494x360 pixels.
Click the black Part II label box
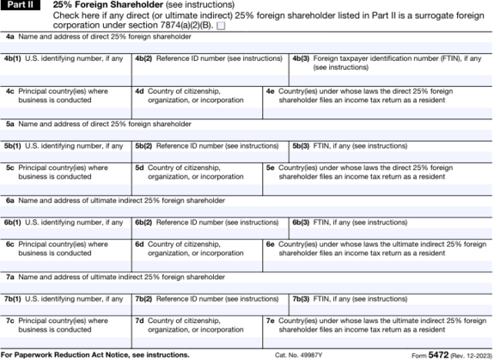18,5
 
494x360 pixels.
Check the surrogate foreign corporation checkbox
222,27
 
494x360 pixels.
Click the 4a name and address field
247,46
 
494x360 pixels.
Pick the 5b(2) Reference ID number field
210,156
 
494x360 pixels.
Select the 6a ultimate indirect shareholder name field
247,210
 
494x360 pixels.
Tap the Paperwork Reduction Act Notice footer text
95,354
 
